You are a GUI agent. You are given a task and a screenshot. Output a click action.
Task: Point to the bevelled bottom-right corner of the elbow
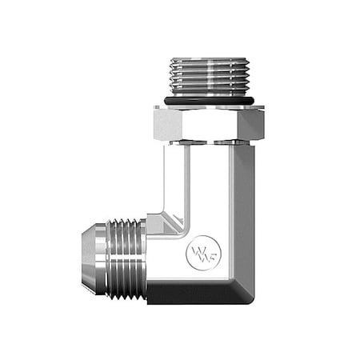[x=243, y=288]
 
